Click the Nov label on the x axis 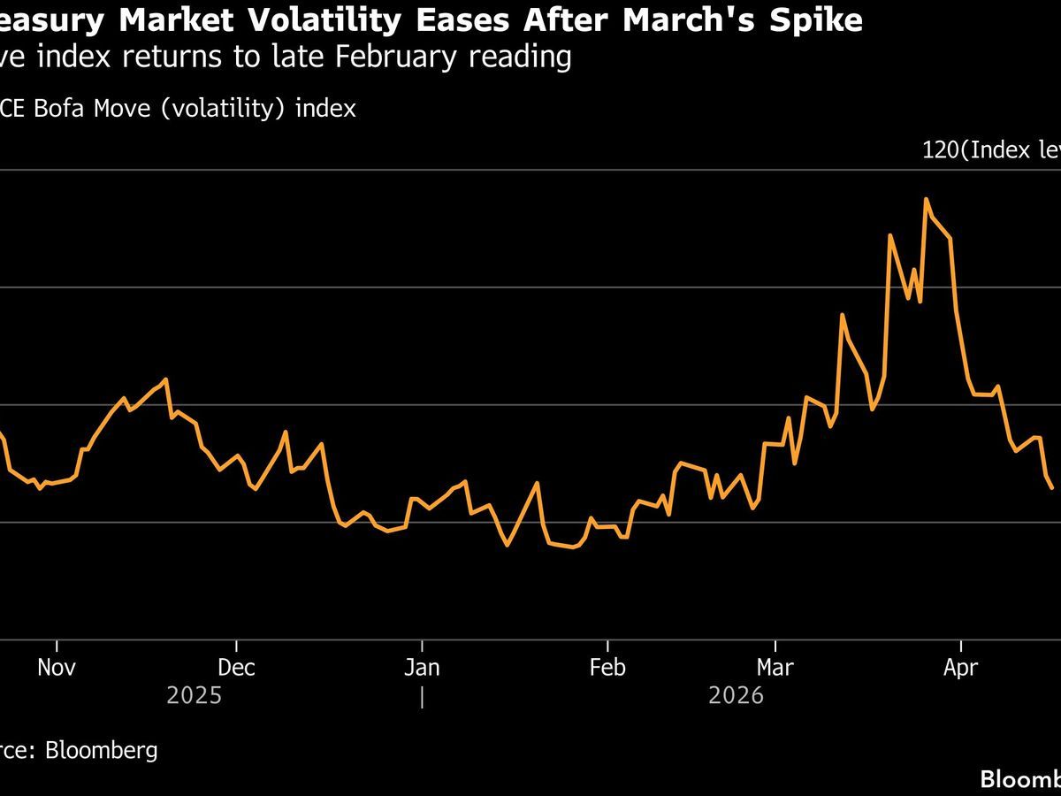coord(57,667)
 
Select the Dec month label coord(237,667)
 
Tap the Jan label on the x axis coord(422,667)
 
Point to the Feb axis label coord(607,667)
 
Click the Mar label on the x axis coord(775,667)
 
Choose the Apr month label coord(960,667)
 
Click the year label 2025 coord(194,696)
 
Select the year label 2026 coord(736,696)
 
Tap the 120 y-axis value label coord(940,150)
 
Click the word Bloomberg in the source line coord(102,751)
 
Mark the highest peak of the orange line coord(926,199)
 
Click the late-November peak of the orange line coord(165,379)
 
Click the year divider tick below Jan coord(422,697)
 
